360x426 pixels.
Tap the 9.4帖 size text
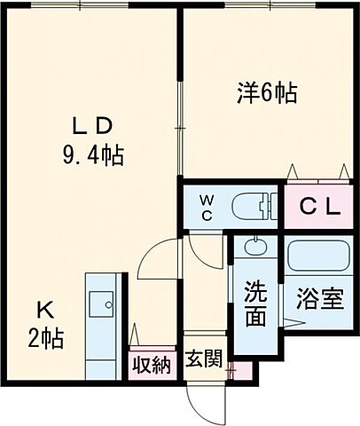coord(92,157)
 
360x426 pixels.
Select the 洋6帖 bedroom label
coord(265,91)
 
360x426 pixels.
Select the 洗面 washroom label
coord(255,304)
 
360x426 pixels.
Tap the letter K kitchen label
coord(46,311)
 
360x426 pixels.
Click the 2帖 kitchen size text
coord(46,340)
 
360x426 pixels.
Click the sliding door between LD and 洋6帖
coord(181,124)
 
